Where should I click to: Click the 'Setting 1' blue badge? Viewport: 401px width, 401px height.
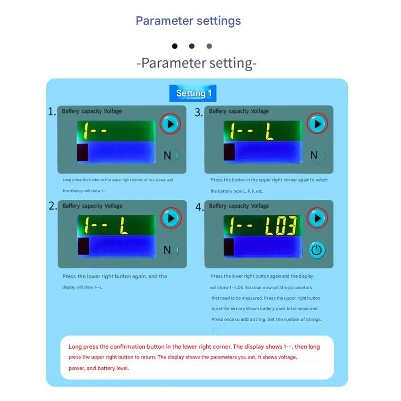[193, 94]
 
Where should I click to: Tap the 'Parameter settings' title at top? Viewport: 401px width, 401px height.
[188, 21]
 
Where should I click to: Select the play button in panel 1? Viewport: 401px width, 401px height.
[171, 124]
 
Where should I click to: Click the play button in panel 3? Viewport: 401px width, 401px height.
[317, 124]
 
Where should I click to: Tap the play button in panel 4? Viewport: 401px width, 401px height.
[317, 218]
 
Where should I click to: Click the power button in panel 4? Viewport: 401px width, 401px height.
[317, 250]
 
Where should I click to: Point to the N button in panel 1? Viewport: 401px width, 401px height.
[168, 155]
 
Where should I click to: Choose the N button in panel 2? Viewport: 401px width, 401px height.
[168, 250]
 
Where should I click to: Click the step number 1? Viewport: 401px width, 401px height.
[52, 112]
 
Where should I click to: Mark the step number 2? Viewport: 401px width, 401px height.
[53, 206]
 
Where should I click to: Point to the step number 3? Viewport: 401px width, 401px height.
[199, 113]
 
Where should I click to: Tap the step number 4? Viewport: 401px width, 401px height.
[199, 207]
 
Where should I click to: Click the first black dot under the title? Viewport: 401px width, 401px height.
[174, 46]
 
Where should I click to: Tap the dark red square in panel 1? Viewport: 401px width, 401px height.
[82, 152]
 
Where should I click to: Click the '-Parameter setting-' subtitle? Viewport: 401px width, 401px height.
[196, 63]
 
